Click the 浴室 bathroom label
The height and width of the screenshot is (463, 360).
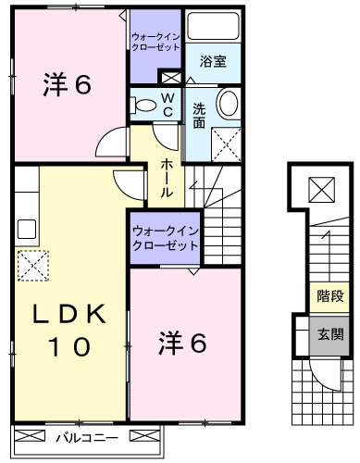pos(214,62)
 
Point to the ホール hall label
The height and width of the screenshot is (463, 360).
pos(165,178)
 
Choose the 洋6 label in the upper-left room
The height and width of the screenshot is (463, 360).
pos(66,86)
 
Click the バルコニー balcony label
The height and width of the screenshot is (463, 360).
pos(82,433)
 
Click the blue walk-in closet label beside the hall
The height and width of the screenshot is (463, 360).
pos(165,239)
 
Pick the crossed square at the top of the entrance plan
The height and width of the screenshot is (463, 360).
pos(321,190)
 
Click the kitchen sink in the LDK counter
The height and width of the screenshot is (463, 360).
pos(25,227)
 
